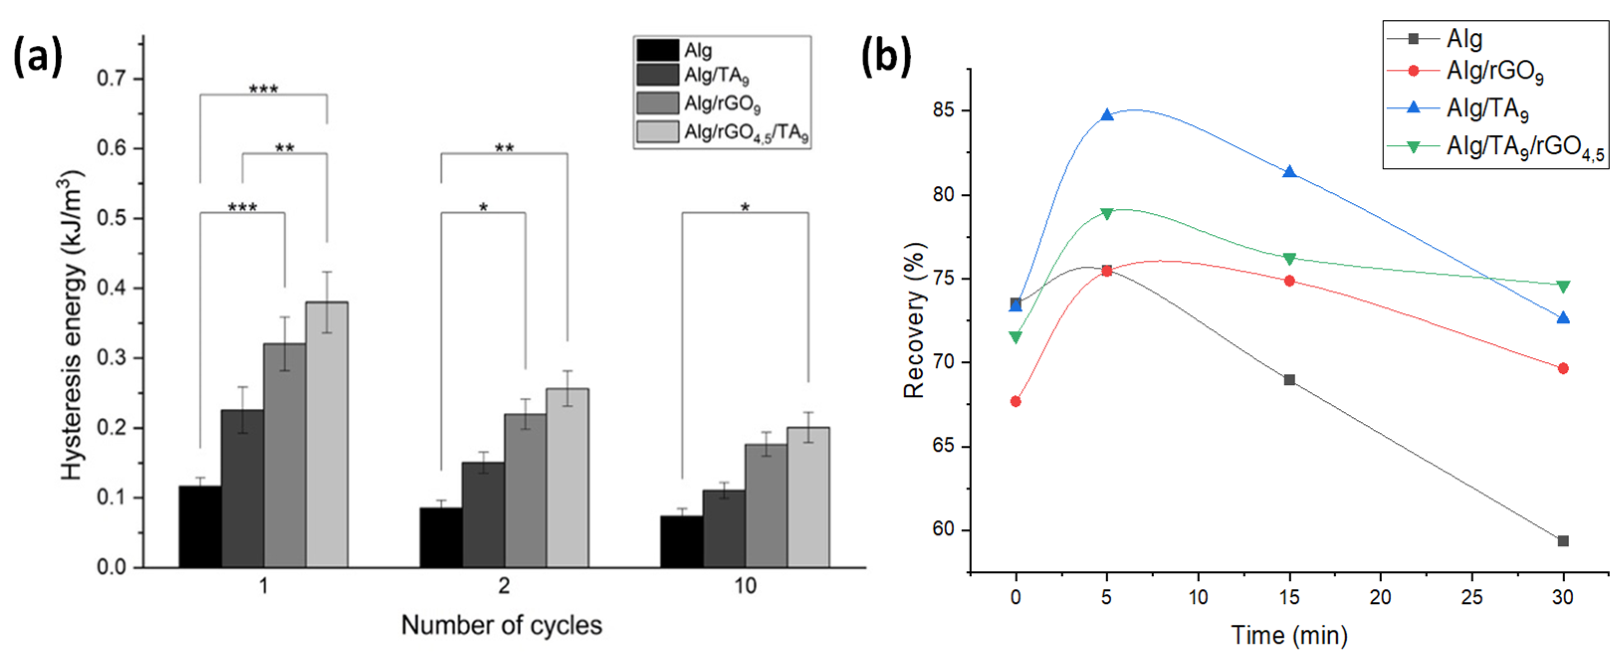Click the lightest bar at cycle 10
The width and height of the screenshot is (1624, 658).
(808, 497)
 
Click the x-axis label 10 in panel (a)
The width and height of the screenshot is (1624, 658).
(745, 586)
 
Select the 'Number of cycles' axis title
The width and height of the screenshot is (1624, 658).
(501, 625)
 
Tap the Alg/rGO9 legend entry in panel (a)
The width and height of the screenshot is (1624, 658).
(722, 104)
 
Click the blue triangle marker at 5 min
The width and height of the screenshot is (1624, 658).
(1106, 115)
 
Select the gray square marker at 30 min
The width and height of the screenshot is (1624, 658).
(1563, 541)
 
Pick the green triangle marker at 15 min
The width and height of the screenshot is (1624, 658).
(1289, 259)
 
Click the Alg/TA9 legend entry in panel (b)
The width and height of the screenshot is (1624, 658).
(1487, 109)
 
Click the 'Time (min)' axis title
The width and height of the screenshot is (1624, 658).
(1289, 635)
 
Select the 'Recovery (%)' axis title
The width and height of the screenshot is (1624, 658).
(914, 320)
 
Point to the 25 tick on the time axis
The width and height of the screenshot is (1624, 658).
(1471, 596)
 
